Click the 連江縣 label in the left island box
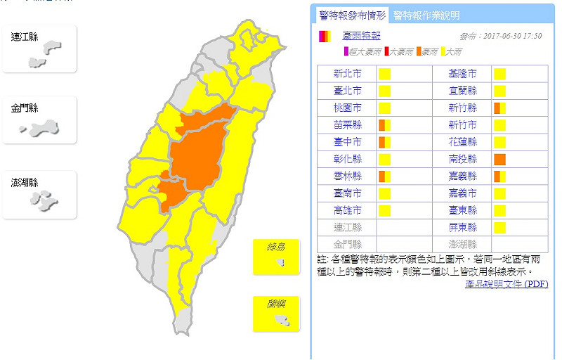[x=25, y=36]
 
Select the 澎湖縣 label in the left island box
[x=25, y=183]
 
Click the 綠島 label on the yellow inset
[x=275, y=247]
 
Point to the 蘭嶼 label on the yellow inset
[x=275, y=304]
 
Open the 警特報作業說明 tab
[x=426, y=15]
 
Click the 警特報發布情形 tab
[x=352, y=15]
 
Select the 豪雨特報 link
[x=361, y=36]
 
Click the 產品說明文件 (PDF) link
[x=506, y=283]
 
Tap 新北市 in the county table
[x=348, y=74]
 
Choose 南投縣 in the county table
[x=463, y=159]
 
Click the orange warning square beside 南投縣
[x=499, y=159]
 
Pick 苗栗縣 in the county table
[x=348, y=125]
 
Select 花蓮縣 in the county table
[x=463, y=142]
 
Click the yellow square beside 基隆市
[x=499, y=74]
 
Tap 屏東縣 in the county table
[x=463, y=227]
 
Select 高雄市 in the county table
[x=348, y=210]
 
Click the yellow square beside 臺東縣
[x=499, y=210]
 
